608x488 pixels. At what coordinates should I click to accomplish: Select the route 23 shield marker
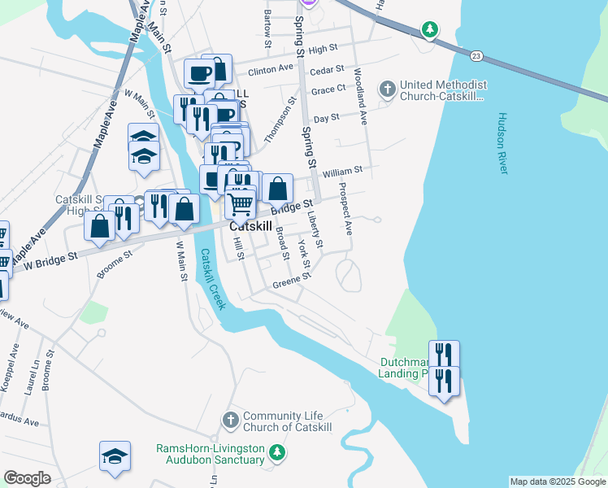[x=476, y=55]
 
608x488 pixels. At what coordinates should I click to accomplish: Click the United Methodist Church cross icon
[x=388, y=89]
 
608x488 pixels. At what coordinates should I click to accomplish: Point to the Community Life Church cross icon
[x=230, y=420]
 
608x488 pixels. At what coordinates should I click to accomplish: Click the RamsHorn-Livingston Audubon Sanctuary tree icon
[x=278, y=452]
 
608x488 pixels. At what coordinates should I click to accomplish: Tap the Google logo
[x=27, y=478]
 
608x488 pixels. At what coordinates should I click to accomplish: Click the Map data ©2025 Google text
[x=557, y=481]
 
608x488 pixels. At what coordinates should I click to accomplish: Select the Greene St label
[x=292, y=281]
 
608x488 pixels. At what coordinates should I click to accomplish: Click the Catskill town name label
[x=250, y=227]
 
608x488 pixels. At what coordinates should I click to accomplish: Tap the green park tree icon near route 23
[x=429, y=30]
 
